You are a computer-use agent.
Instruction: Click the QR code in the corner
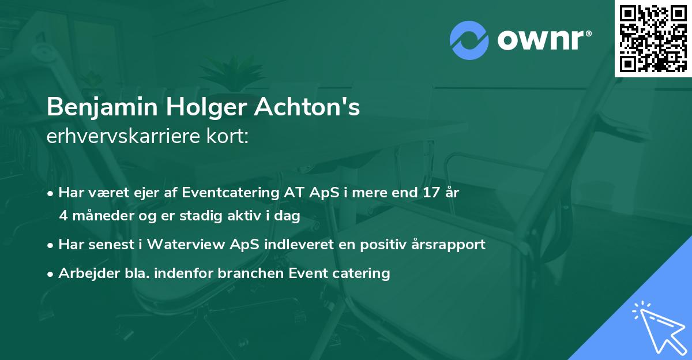click(x=653, y=38)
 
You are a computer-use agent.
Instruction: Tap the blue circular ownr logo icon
click(x=469, y=39)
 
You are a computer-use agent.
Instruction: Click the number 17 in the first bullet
click(x=429, y=193)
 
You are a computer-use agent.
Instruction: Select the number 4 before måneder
click(x=63, y=215)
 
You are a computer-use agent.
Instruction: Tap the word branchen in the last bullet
click(x=244, y=273)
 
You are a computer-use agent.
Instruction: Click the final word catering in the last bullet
click(x=364, y=273)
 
